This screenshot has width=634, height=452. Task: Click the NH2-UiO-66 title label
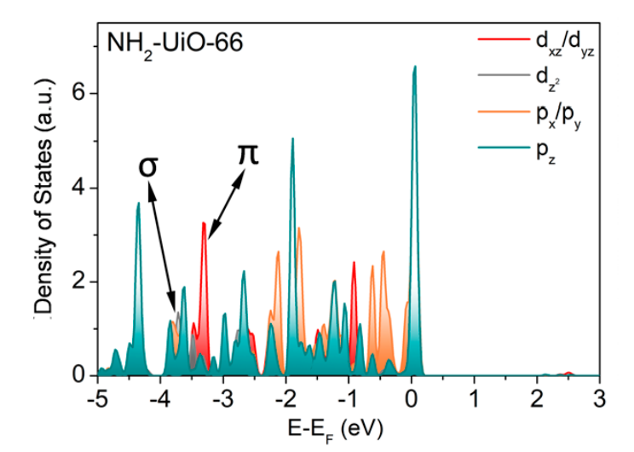click(x=176, y=43)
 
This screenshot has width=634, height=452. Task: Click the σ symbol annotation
click(x=148, y=165)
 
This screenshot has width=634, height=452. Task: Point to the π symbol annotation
click(x=247, y=154)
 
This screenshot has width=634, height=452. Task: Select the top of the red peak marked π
click(x=204, y=223)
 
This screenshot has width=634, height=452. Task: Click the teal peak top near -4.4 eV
click(x=138, y=203)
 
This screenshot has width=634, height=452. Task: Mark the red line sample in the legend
click(x=491, y=40)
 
